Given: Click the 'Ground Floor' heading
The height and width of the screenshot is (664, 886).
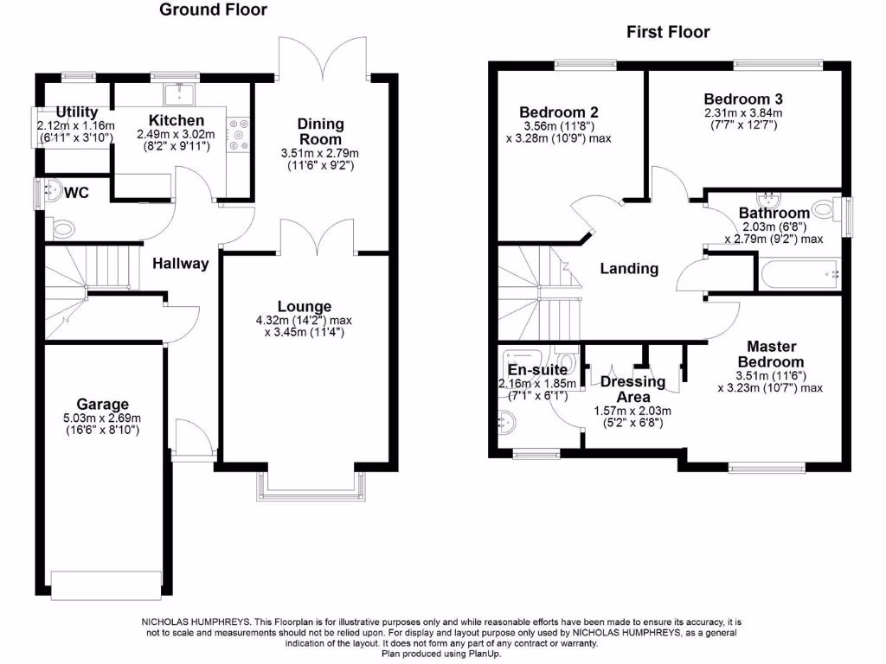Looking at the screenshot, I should tap(214, 10).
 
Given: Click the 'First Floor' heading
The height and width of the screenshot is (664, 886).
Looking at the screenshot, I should tap(668, 32).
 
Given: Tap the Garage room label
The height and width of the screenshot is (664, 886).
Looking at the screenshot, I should tap(102, 404).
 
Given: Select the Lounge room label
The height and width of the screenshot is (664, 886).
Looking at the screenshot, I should tap(304, 306).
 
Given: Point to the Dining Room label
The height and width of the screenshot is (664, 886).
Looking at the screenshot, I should tap(320, 131).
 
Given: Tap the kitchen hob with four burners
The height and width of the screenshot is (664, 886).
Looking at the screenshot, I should tap(236, 134).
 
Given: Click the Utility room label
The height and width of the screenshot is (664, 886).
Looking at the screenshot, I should tap(77, 112).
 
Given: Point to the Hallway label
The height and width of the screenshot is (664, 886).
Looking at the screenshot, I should tap(181, 264).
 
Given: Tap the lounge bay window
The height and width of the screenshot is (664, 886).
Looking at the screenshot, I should tap(310, 487).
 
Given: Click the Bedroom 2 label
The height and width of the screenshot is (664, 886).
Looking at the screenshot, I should tap(558, 112).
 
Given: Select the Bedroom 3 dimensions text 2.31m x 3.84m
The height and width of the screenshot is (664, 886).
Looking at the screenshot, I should tap(742, 112).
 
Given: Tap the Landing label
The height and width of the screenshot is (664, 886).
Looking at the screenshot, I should tap(629, 268).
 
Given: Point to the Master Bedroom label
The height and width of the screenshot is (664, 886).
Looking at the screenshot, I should tap(770, 353).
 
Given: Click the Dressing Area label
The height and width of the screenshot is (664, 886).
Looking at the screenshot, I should tap(632, 388).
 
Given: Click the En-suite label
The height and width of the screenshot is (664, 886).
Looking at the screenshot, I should tap(536, 370).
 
